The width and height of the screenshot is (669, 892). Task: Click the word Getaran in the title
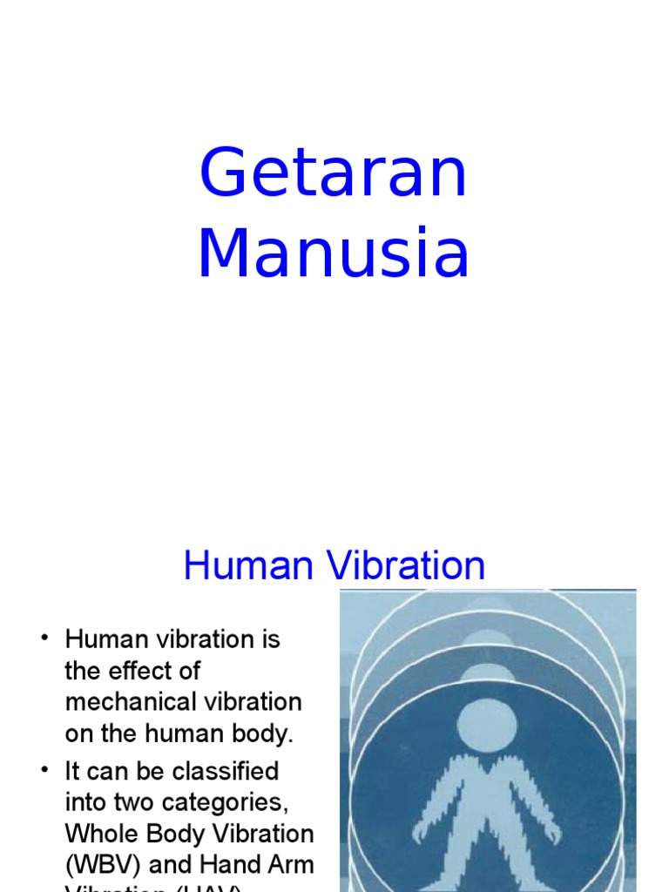click(334, 174)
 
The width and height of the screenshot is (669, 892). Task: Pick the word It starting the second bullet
click(73, 771)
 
